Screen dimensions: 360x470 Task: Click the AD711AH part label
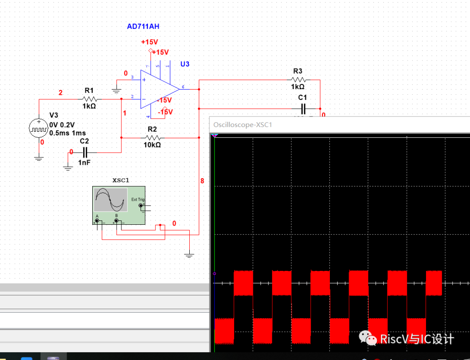[143, 27]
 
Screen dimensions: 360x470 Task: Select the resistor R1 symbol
[89, 99]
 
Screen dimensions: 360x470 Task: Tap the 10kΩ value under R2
[152, 145]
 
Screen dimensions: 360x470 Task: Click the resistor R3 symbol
[298, 80]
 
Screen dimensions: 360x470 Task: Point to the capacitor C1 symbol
[303, 108]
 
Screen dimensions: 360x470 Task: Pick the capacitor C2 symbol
[85, 152]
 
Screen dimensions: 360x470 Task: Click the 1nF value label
[84, 162]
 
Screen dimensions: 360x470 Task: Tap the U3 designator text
[185, 64]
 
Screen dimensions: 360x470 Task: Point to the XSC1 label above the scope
[121, 180]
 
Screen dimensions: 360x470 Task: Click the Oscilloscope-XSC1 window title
[243, 125]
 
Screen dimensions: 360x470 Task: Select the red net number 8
[202, 180]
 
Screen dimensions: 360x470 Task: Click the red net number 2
[60, 93]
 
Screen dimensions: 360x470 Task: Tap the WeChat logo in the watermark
[368, 338]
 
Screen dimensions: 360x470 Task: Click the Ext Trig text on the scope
[137, 200]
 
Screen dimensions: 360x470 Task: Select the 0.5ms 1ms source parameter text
[67, 133]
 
